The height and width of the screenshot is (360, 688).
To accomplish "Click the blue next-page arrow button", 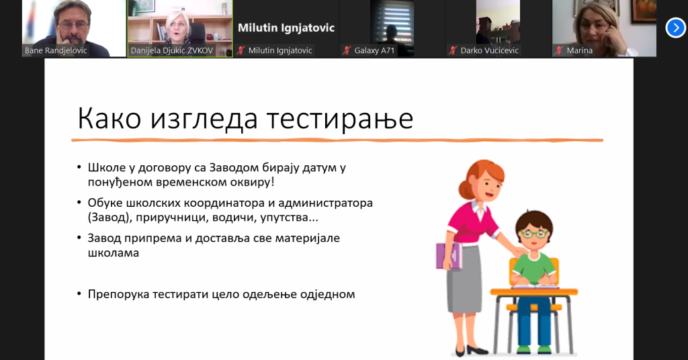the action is coord(676,28).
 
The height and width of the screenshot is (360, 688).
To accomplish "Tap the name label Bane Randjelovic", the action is coord(56,50).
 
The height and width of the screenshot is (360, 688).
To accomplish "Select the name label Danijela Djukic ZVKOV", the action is coord(171,50).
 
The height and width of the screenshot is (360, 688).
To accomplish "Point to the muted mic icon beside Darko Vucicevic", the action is coord(453,50).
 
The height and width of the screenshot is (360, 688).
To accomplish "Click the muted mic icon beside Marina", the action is coord(558,50).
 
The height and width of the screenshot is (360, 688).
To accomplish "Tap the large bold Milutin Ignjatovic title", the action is coord(286,28).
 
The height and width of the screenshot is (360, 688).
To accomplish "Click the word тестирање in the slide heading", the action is coord(339,118).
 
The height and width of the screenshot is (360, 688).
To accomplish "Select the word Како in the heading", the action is coord(110,118).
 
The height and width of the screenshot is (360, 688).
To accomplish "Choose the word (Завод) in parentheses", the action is coord(110,218).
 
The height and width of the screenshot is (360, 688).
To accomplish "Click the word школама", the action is coord(113,253).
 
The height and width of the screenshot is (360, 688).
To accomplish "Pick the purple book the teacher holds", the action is coord(449,256).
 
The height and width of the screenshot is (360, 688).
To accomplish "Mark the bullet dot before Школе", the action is coord(79,167).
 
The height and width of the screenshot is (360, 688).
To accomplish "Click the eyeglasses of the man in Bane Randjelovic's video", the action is coord(73,25).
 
